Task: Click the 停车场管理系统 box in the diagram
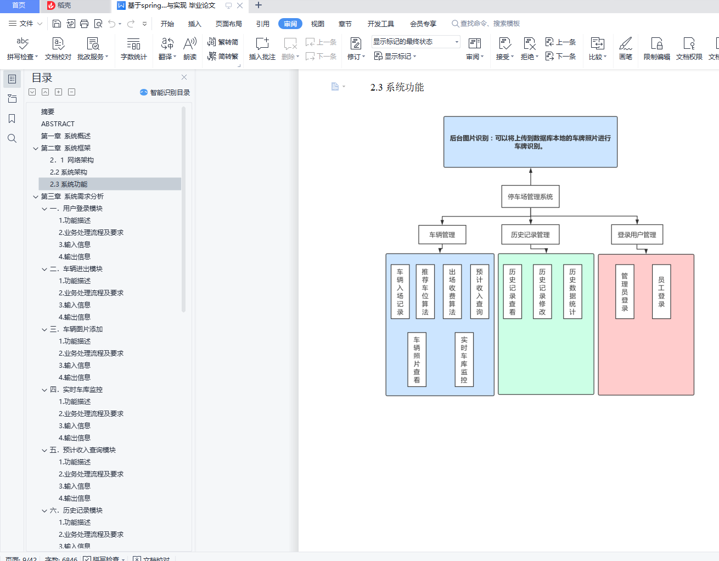(x=530, y=197)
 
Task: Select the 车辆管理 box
(x=442, y=234)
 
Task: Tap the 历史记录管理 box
(x=530, y=234)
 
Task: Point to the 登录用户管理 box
(x=637, y=234)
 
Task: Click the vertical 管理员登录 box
(x=625, y=292)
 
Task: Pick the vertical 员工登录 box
(x=661, y=292)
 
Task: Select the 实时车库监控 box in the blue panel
(x=464, y=360)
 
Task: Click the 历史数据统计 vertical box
(x=572, y=292)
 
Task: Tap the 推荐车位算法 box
(x=425, y=292)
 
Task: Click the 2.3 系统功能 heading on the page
(x=397, y=87)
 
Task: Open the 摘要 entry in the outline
(x=48, y=111)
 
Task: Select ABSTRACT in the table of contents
(x=58, y=124)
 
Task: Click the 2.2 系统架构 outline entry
(x=69, y=172)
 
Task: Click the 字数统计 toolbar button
(x=133, y=48)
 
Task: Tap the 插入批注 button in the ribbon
(x=262, y=48)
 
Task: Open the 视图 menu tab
(x=317, y=24)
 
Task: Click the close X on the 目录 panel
(x=184, y=77)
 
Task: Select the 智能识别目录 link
(x=165, y=92)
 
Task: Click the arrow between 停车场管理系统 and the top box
(x=531, y=176)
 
